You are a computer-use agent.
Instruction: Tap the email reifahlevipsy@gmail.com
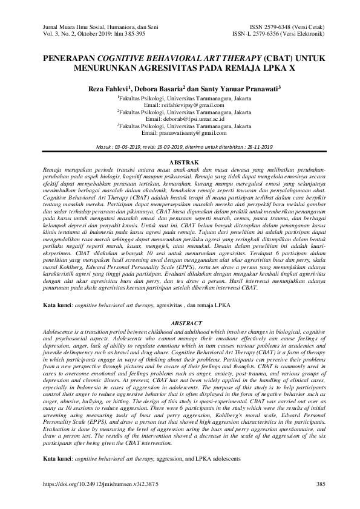point(191,104)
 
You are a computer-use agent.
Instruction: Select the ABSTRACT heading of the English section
point(180,324)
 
